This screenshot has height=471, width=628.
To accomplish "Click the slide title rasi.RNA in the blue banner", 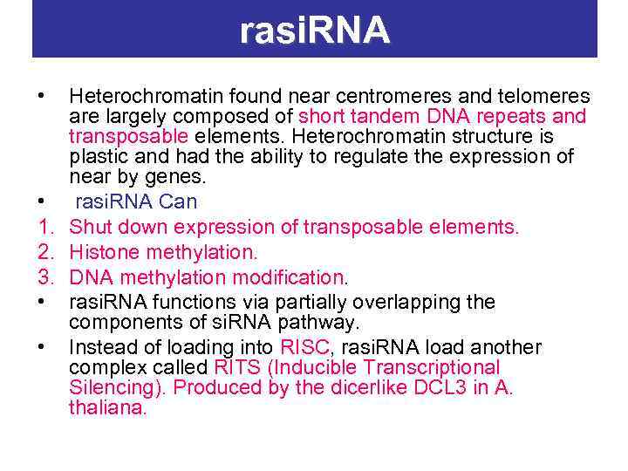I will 315,31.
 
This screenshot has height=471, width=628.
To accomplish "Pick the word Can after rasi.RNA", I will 180,202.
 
